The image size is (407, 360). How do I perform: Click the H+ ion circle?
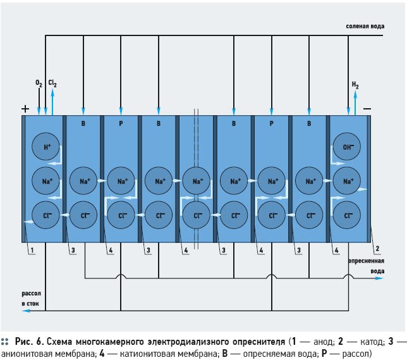(46, 147)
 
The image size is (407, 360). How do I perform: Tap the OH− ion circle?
(346, 147)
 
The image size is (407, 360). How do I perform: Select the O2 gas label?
(39, 83)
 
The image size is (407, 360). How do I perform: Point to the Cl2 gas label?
(52, 83)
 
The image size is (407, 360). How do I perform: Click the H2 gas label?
(355, 85)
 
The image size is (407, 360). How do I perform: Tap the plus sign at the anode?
(25, 109)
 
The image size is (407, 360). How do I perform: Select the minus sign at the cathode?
(367, 108)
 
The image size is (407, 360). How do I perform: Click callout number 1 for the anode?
(32, 251)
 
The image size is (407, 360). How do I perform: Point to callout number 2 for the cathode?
(377, 249)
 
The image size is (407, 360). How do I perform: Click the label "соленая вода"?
(365, 26)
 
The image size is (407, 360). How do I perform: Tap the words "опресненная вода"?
(367, 266)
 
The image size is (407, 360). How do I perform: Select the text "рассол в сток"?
(31, 299)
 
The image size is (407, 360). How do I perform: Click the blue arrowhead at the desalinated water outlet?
(379, 278)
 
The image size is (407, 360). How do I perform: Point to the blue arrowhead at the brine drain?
(26, 311)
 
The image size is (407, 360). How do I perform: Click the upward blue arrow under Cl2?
(52, 102)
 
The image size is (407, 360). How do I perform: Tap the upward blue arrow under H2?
(355, 102)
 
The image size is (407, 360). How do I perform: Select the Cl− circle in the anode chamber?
(46, 215)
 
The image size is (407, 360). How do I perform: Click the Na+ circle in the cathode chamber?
(346, 181)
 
